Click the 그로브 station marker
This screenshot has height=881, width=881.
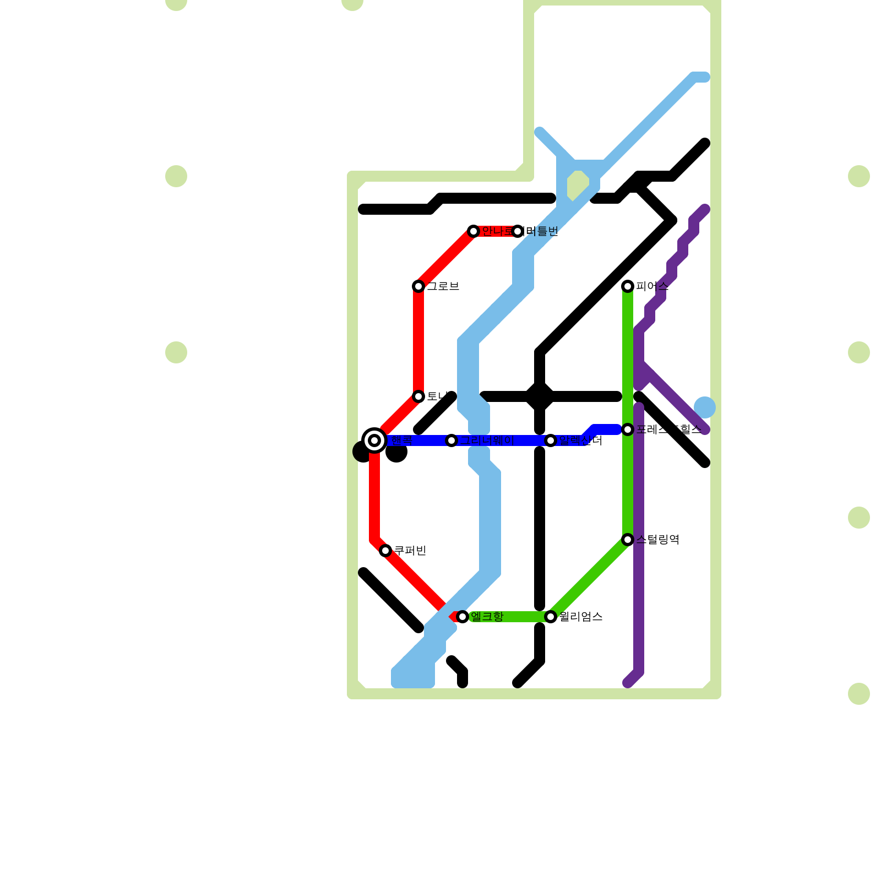(418, 286)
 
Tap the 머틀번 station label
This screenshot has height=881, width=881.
(542, 231)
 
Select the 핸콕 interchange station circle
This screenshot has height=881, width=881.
(374, 440)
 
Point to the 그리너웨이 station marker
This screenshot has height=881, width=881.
(452, 440)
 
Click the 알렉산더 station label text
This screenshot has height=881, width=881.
(580, 440)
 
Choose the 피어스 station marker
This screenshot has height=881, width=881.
(628, 286)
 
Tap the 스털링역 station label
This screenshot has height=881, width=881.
(657, 540)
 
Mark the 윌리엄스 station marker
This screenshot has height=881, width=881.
(551, 617)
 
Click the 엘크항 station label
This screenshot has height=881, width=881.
(487, 617)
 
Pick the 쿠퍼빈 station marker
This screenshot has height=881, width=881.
(385, 551)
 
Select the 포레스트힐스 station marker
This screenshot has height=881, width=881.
(628, 429)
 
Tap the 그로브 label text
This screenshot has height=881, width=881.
(443, 286)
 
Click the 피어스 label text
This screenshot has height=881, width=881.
(652, 286)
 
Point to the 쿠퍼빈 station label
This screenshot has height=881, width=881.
(410, 551)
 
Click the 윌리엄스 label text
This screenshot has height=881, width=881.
(580, 617)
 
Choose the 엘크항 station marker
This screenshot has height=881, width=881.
(463, 617)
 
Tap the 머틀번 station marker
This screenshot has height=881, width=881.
(518, 231)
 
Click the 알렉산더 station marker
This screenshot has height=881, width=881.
(551, 440)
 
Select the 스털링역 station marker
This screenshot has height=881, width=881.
(628, 540)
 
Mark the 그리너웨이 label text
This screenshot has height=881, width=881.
(487, 440)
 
